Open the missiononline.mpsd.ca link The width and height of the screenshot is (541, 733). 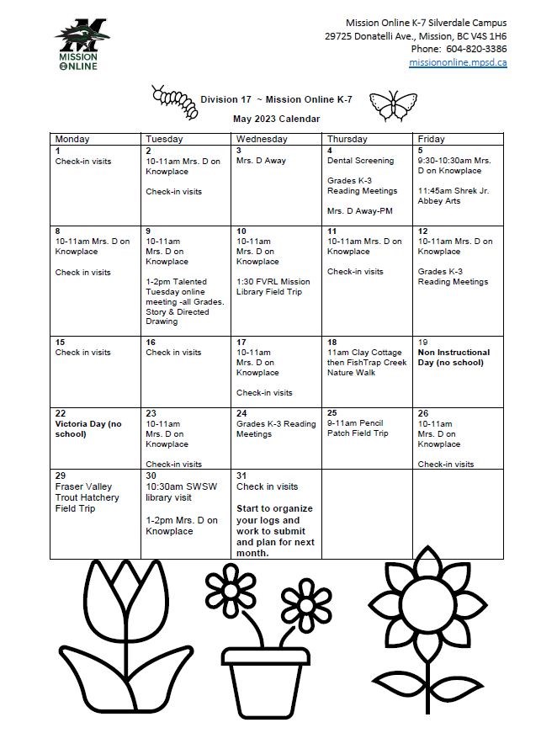[x=458, y=63]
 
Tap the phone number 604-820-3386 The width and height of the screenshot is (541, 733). [x=476, y=49]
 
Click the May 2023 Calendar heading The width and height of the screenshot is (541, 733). [x=276, y=120]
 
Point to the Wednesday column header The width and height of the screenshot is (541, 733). [x=262, y=139]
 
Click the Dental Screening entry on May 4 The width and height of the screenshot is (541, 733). [x=360, y=161]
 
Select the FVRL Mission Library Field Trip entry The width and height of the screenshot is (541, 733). [x=273, y=287]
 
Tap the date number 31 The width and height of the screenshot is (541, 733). [x=241, y=475]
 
